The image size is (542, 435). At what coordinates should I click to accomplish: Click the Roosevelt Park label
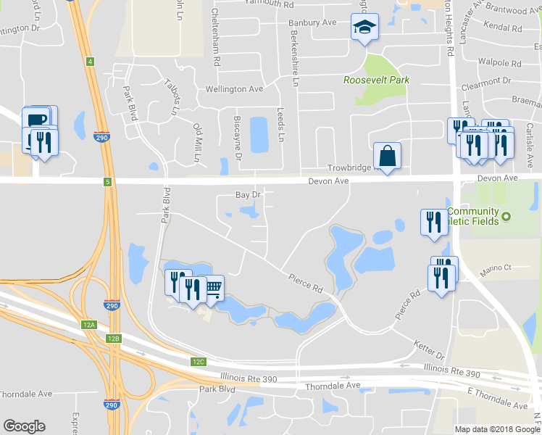tap(377, 80)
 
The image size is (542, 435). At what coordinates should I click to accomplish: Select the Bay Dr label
tap(248, 195)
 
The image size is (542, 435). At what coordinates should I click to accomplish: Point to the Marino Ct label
tap(497, 268)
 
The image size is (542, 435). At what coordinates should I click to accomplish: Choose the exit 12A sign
tap(89, 325)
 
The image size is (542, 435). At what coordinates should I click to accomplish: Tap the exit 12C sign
tap(199, 361)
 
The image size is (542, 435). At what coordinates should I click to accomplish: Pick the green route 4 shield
tap(90, 62)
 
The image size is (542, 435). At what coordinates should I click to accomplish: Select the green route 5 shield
tap(107, 182)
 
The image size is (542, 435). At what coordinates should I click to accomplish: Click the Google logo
tap(25, 426)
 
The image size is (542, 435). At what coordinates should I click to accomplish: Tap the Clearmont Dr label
tap(488, 82)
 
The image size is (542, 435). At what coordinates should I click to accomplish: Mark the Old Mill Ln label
tap(196, 142)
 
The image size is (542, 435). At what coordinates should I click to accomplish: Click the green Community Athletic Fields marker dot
tap(507, 216)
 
